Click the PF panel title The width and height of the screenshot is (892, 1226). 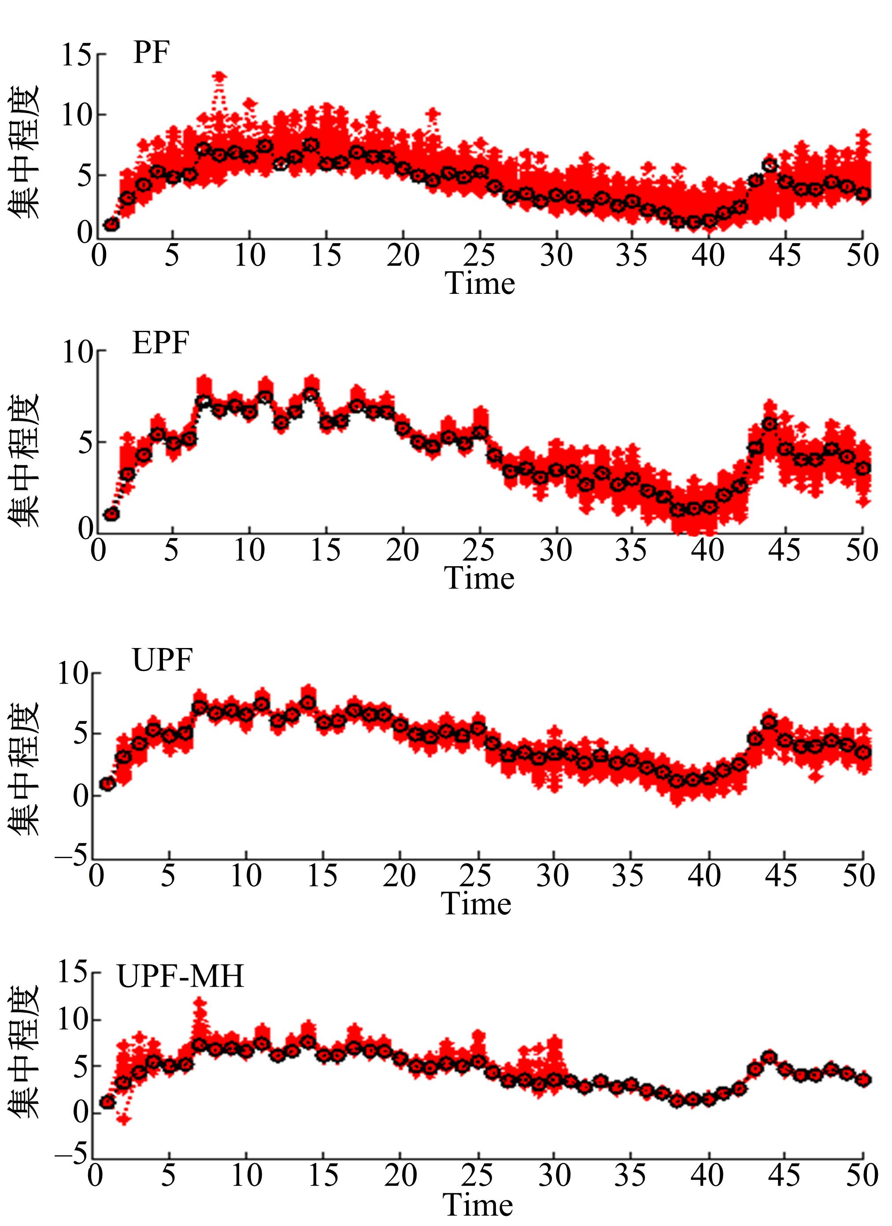pyautogui.click(x=152, y=53)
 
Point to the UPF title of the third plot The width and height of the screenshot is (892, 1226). pyautogui.click(x=162, y=660)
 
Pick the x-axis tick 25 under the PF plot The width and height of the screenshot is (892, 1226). pyautogui.click(x=479, y=255)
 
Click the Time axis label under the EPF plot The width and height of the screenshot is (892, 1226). pyautogui.click(x=479, y=578)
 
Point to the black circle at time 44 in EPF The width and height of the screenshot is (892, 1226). pyautogui.click(x=769, y=424)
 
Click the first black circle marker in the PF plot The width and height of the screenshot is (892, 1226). pyautogui.click(x=111, y=224)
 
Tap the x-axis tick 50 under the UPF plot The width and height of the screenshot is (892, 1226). pyautogui.click(x=859, y=876)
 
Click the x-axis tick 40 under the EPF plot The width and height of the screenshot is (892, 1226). pyautogui.click(x=707, y=550)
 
